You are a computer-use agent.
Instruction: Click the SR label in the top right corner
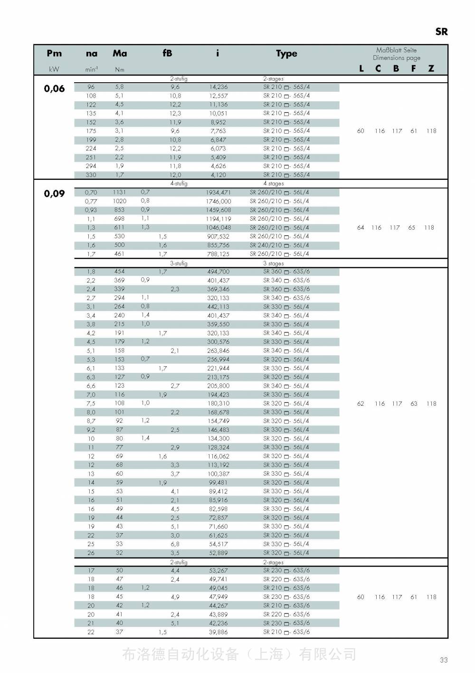441,32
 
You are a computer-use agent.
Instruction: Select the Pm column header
54,53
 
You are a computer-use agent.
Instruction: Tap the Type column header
286,54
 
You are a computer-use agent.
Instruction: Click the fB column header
167,53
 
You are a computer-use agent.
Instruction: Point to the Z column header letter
431,68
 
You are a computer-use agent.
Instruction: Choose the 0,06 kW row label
54,88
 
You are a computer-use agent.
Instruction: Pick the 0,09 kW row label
54,194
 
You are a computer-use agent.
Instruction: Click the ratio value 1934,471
218,193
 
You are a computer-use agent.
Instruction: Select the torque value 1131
119,192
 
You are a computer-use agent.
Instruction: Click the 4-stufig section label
179,184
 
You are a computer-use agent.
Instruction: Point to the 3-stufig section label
179,263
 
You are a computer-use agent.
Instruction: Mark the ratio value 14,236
218,87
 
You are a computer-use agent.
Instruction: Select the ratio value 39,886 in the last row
218,632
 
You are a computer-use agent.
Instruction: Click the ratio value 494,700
218,272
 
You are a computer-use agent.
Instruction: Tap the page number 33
444,660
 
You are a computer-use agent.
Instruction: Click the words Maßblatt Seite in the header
396,50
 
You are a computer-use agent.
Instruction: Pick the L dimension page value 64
361,228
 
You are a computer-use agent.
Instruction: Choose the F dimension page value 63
414,404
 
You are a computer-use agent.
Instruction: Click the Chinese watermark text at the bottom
239,654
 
